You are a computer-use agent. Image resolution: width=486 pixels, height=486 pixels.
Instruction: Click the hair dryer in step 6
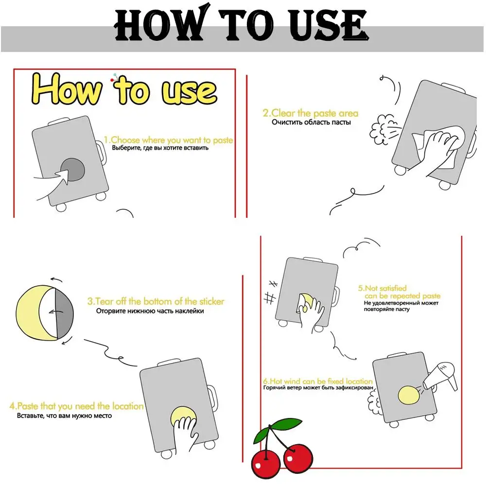tap(441, 376)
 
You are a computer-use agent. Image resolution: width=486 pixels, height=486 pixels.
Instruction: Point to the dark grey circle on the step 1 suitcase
tap(73, 170)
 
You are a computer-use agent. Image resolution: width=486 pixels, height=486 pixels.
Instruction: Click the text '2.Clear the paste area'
tap(310, 113)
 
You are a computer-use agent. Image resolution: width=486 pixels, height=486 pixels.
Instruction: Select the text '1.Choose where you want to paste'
tap(168, 140)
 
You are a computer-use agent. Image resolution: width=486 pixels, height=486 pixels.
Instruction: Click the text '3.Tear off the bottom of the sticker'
tap(156, 301)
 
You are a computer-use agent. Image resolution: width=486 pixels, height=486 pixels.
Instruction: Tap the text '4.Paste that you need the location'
tap(77, 406)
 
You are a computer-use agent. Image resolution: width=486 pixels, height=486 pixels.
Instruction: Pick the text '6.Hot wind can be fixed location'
tap(318, 381)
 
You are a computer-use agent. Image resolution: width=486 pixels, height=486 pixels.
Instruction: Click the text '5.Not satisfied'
tap(382, 288)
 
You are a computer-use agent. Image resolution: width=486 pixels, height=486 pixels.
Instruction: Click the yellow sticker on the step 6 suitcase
tap(409, 395)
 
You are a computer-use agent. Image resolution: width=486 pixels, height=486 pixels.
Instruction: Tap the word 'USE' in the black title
tap(328, 25)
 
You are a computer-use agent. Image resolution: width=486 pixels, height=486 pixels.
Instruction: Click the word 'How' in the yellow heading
tap(67, 89)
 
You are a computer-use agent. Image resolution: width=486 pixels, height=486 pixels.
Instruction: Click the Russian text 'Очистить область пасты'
tap(311, 122)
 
